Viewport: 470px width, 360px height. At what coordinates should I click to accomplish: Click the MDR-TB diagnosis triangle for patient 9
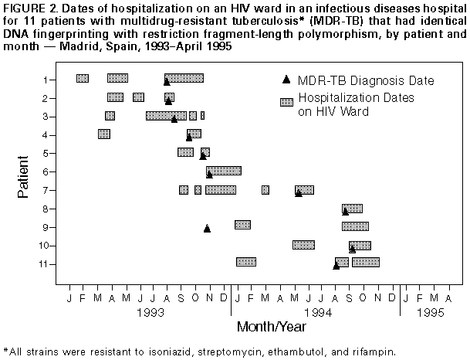point(207,228)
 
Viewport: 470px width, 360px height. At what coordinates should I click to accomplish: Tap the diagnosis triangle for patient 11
point(336,266)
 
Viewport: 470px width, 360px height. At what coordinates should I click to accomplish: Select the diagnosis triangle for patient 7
point(299,192)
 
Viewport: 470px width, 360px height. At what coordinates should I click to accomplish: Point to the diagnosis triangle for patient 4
point(189,137)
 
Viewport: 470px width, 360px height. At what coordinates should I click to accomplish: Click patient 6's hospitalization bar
point(223,171)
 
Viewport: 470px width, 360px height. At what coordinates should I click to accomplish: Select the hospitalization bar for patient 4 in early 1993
point(104,134)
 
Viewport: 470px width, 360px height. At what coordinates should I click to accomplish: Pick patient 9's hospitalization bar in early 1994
point(242,225)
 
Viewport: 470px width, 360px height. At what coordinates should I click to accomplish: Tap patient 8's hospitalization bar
point(353,209)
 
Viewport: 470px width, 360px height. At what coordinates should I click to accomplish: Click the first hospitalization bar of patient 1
point(83,78)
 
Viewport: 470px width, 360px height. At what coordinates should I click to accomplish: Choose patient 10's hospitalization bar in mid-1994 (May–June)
point(303,245)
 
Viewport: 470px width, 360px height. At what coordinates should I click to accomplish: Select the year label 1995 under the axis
point(431,313)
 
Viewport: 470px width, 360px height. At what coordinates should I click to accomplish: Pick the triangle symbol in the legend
point(286,80)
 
